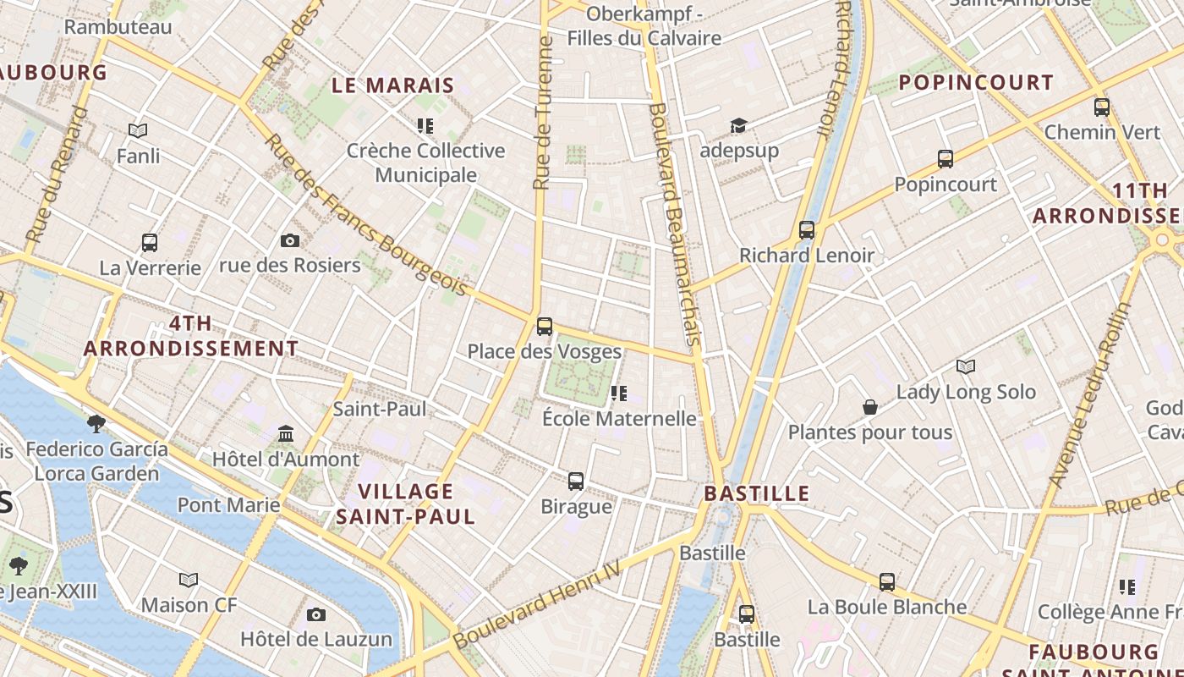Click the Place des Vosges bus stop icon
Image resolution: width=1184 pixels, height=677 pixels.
(x=545, y=326)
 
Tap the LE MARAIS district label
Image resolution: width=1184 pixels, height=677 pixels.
(x=393, y=85)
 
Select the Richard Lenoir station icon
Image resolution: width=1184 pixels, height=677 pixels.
(x=807, y=229)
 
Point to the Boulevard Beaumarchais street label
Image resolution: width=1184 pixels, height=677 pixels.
(x=676, y=224)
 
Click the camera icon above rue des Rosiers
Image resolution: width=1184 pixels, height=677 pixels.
(x=290, y=241)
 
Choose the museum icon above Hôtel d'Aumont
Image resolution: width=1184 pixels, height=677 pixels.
(x=286, y=434)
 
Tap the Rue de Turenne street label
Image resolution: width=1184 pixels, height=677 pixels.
(x=543, y=112)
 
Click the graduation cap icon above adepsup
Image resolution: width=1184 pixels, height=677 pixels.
(x=738, y=126)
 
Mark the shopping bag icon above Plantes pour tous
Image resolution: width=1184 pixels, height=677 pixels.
(x=869, y=408)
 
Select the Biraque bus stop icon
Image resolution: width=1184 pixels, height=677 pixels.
(x=576, y=481)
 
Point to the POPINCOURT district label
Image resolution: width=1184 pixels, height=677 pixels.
(x=976, y=83)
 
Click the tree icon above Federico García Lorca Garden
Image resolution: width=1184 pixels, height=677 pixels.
(x=96, y=422)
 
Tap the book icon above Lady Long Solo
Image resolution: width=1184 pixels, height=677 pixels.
(x=966, y=366)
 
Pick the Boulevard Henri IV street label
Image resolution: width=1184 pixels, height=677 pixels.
(x=537, y=607)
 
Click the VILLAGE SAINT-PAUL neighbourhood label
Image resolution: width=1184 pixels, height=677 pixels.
(x=407, y=504)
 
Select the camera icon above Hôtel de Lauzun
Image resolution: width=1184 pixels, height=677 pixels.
(x=316, y=614)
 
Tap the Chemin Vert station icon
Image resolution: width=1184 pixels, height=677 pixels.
(x=1102, y=107)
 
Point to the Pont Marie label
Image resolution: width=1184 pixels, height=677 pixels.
(x=228, y=505)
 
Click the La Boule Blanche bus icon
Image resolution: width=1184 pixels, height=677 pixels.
(x=887, y=581)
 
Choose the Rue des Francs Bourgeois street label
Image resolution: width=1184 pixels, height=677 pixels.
(x=368, y=215)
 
